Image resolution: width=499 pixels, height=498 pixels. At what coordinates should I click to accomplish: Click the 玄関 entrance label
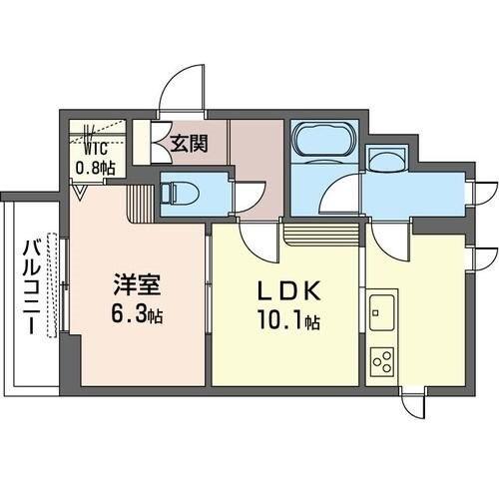pyautogui.click(x=189, y=143)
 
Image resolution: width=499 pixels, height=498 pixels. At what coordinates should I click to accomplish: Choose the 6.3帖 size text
pyautogui.click(x=136, y=315)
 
